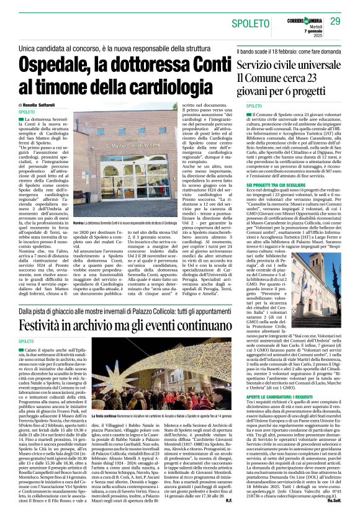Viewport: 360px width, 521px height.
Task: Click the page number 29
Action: point(336,22)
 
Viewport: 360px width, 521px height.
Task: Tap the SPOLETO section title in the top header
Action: point(251,24)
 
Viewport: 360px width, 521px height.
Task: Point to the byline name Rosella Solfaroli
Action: point(41,105)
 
